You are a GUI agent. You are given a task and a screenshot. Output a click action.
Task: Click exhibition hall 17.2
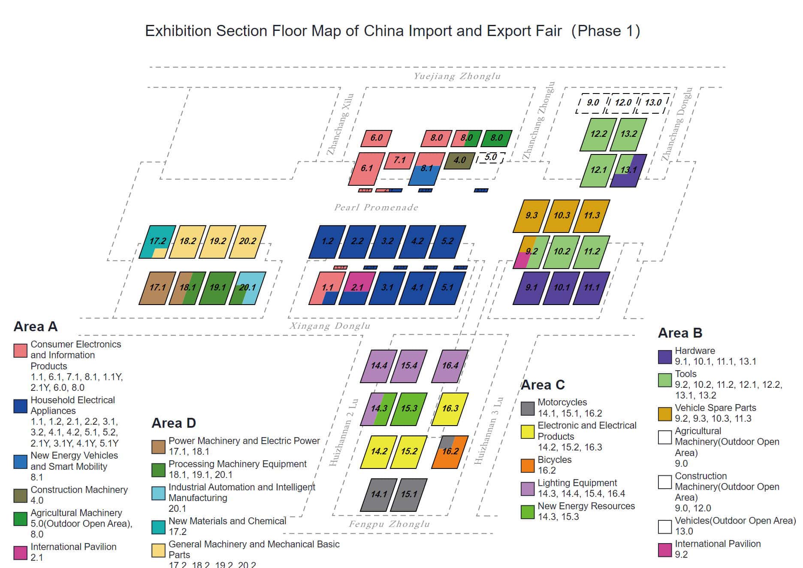coord(157,242)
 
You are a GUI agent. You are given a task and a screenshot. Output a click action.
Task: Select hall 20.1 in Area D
coord(248,288)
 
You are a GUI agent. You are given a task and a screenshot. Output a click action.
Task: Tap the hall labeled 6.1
coord(367,169)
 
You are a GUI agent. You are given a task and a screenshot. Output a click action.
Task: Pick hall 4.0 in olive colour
coord(459,160)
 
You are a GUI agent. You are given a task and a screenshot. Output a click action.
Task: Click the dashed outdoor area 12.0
coord(623,103)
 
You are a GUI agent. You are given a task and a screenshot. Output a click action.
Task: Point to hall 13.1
coord(628,170)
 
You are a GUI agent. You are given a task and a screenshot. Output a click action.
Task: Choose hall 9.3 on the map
coord(531,216)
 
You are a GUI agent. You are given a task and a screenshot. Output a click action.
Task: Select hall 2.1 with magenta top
coord(357,288)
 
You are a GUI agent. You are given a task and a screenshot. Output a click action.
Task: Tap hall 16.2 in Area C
coord(450,452)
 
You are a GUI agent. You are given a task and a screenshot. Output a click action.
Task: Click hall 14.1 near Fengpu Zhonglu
coord(379,495)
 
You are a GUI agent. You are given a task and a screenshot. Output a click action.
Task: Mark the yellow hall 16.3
coord(450,409)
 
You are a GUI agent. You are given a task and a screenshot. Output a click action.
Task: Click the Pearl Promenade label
coord(376,208)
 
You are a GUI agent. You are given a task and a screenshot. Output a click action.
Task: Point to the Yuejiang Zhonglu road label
coord(457,76)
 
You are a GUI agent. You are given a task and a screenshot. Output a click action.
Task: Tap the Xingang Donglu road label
coord(329,326)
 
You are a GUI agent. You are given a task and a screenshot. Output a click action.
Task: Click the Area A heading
coord(36,326)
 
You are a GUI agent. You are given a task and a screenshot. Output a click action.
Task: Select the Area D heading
coord(174,423)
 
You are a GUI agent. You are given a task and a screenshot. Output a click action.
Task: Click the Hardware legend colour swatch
coord(664,357)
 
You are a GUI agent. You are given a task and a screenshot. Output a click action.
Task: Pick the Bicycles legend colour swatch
coord(528,465)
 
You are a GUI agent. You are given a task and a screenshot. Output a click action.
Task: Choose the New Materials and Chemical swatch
coord(159,527)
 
